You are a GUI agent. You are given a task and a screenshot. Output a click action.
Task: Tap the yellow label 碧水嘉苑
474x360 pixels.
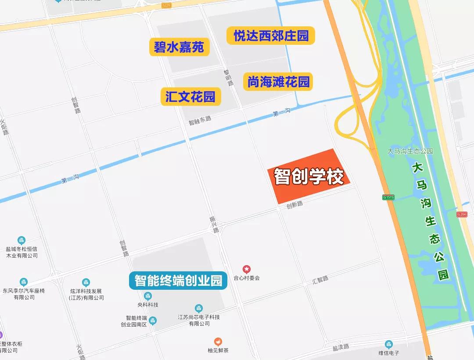point(179,47)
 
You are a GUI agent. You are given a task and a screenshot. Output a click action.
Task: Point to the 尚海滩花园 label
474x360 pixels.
point(278,82)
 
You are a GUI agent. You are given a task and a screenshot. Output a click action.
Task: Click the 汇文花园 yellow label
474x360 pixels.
point(190,97)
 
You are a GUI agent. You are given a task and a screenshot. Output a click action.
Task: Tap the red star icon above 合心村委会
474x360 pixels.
point(247,269)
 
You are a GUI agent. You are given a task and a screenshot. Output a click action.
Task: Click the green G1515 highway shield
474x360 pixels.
point(388,197)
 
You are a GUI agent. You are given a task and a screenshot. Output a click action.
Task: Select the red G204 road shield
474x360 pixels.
point(461,214)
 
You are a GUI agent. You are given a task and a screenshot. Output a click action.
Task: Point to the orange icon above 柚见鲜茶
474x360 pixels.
point(218,342)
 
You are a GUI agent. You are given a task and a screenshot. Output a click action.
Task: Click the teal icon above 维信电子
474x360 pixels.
point(388,344)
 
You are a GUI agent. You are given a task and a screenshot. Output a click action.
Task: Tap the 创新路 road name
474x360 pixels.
point(294,204)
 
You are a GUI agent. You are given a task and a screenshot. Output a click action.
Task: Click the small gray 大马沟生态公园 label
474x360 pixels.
point(410,151)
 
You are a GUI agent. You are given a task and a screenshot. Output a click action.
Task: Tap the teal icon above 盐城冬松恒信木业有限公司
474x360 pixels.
point(22,240)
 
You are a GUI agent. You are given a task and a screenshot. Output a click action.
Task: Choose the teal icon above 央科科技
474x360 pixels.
point(148,296)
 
